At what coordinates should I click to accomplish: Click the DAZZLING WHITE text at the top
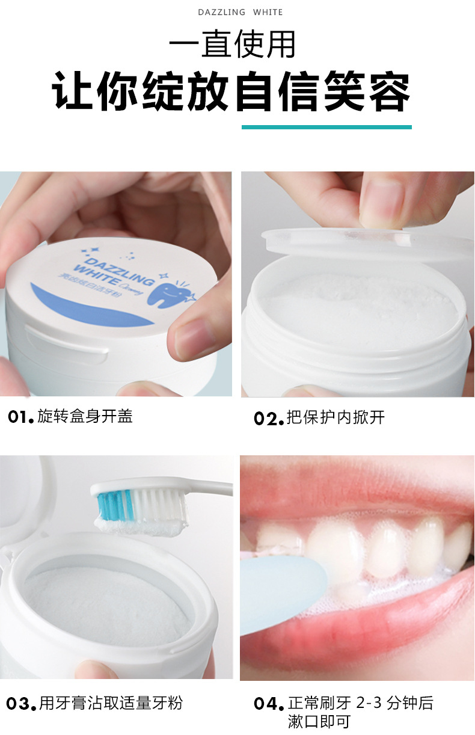point(240,12)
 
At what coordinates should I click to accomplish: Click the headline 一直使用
point(232,44)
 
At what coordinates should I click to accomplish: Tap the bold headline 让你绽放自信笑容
point(231,91)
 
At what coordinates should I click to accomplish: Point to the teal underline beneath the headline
point(326,128)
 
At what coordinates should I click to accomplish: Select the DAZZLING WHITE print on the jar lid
point(113,272)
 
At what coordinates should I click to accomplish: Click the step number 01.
point(20,417)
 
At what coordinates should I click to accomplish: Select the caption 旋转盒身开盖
point(85,416)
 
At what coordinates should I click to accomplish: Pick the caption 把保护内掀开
point(336,417)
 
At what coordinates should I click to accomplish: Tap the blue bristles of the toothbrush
point(115,505)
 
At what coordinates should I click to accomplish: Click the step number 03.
point(21,704)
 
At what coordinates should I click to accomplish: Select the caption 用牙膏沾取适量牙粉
point(111,703)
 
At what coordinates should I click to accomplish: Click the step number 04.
point(269,704)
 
